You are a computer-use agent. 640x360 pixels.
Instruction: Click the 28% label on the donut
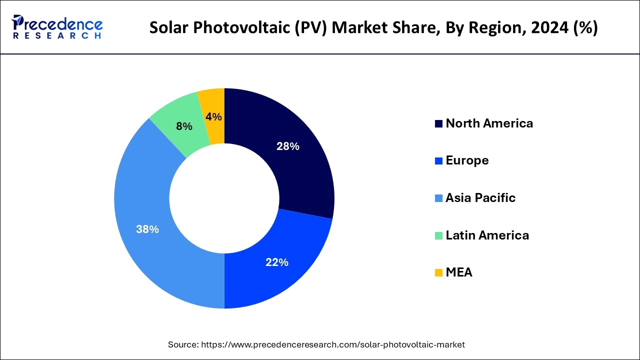288,146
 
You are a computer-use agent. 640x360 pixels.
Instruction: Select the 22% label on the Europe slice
277,262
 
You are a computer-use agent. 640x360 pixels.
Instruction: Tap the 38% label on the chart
147,229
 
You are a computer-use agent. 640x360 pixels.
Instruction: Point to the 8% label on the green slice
184,126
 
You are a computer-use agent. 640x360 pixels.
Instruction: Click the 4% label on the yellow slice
213,116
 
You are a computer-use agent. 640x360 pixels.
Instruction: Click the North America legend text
489,123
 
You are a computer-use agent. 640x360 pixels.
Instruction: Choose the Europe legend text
467,160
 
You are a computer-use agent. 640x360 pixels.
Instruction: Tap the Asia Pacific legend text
480,198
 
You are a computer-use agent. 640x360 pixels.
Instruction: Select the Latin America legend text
487,235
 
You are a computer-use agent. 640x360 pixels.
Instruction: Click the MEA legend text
458,272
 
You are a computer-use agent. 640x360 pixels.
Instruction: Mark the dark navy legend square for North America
438,124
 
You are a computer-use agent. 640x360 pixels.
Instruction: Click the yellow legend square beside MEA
438,273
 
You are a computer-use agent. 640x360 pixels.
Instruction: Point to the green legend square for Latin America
438,235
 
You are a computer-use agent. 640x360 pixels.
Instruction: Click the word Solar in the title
169,27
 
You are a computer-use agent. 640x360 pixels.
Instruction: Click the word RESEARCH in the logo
57,36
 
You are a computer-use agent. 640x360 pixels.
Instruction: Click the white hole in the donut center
224,198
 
